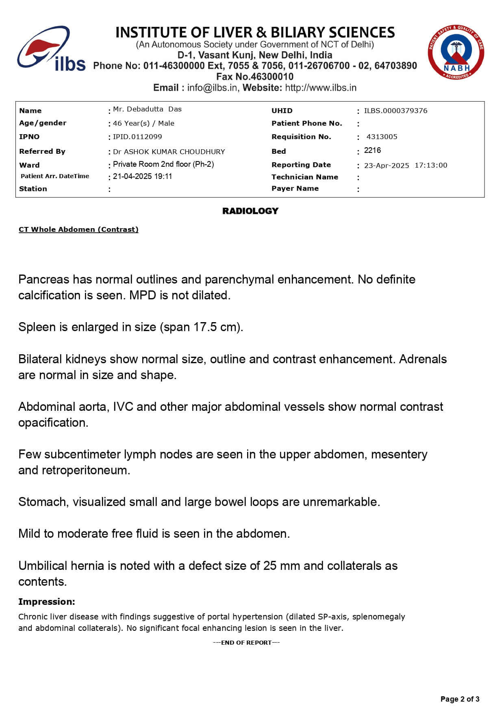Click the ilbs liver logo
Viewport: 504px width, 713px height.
pos(50,49)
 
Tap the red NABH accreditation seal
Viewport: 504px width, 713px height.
pos(456,52)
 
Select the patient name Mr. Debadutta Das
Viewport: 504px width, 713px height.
pos(147,109)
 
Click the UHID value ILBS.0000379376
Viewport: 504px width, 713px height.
pos(395,111)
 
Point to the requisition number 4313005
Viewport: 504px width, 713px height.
pos(382,137)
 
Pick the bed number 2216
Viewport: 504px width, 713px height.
pos(372,150)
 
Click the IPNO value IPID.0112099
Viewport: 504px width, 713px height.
pos(137,137)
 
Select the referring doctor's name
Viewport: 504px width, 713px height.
pos(169,152)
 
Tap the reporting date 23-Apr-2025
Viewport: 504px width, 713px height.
pos(387,165)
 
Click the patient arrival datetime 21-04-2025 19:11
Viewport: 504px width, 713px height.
pos(142,176)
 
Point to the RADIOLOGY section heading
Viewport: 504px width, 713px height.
pos(250,211)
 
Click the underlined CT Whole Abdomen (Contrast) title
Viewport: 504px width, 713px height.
pos(78,229)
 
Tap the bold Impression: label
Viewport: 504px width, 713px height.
pos(47,602)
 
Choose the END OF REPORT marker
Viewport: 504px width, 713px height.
pos(246,643)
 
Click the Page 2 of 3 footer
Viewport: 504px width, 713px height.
pos(460,699)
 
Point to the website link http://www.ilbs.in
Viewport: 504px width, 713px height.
pos(321,87)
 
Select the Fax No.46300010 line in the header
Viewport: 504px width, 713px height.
pos(255,76)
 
